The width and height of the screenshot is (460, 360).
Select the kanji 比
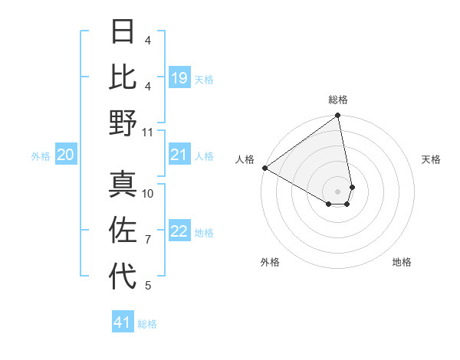coord(123,77)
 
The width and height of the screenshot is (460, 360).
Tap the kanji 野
coord(123,123)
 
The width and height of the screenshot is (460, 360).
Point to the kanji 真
coord(123,184)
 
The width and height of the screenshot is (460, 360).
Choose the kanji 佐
coord(123,230)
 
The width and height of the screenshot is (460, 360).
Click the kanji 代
coord(123,276)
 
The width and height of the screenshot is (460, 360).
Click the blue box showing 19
coord(179,78)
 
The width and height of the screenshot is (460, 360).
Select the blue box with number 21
coord(179,155)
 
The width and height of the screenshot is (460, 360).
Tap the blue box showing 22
coord(179,232)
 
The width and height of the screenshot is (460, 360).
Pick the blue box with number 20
coord(66,155)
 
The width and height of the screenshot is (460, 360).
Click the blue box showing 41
coord(123,322)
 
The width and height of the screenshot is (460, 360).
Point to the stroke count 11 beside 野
coord(148,132)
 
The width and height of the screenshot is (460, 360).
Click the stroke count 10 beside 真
coord(148,193)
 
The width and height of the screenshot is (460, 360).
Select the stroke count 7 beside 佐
coord(148,240)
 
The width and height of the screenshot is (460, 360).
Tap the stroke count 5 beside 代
coord(148,286)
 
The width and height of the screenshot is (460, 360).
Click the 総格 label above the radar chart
coord(337,100)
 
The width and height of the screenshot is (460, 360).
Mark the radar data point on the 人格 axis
coord(264,168)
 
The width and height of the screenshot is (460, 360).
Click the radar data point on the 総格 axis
coord(337,116)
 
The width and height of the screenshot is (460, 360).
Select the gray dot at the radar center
coord(337,190)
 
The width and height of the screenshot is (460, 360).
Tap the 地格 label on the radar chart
coord(402,262)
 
